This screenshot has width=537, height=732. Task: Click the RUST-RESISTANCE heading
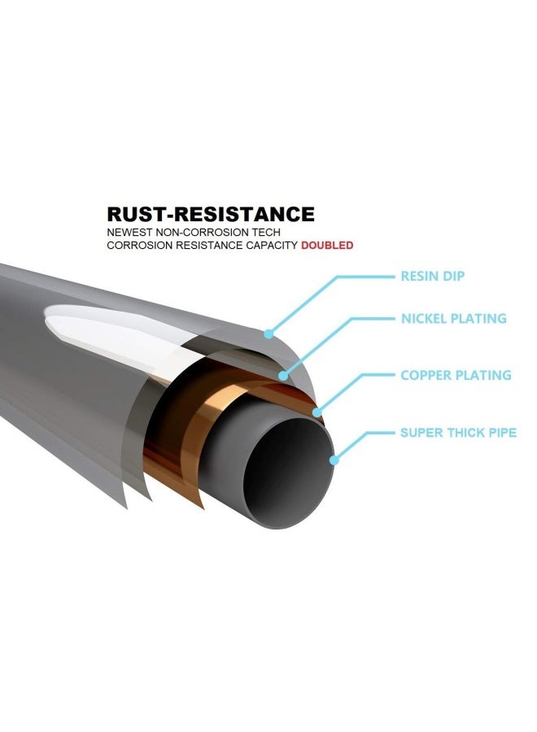click(211, 214)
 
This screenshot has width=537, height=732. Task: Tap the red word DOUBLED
click(327, 245)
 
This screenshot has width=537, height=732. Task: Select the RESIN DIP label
click(432, 276)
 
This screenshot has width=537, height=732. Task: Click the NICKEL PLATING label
click(453, 318)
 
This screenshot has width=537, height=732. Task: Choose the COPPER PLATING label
click(456, 375)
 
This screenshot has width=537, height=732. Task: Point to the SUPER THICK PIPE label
click(458, 433)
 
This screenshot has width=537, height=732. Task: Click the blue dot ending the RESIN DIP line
click(268, 333)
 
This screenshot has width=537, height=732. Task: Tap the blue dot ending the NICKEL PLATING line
click(283, 375)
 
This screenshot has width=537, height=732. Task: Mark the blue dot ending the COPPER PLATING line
click(317, 412)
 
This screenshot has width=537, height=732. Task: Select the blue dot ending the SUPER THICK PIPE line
click(334, 460)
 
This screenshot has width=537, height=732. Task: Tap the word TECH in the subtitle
click(266, 232)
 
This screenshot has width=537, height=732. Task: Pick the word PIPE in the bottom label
click(503, 433)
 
